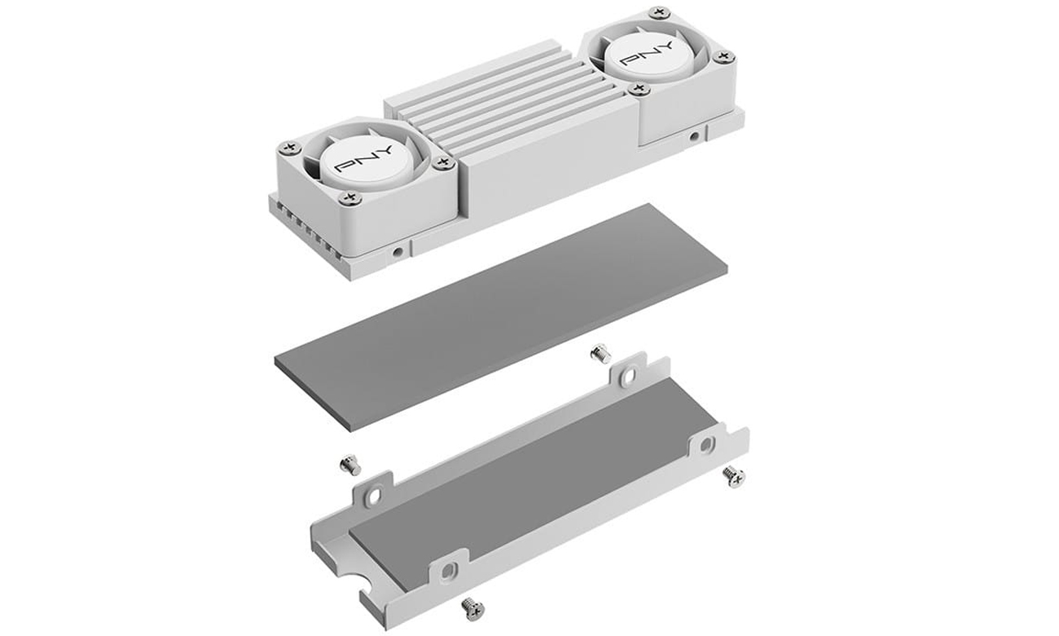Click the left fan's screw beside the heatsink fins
444,163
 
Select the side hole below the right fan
694,137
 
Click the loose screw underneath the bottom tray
471,606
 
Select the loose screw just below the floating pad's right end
600,355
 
